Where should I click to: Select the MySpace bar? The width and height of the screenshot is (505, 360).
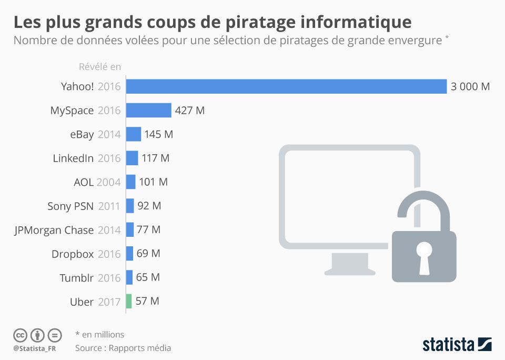(x=149, y=111)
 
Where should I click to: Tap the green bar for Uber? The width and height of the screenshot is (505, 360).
(x=129, y=301)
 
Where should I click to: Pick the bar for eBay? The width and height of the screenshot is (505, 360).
(x=134, y=134)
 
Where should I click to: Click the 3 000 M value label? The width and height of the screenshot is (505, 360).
(x=470, y=87)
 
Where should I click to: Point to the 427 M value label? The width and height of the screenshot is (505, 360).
(x=190, y=111)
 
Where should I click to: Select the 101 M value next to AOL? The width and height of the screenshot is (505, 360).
(x=153, y=182)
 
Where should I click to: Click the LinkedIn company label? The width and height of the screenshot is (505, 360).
(x=73, y=158)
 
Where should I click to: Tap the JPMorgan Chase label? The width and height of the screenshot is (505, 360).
(x=54, y=230)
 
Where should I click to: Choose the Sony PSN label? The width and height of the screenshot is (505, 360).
(x=70, y=206)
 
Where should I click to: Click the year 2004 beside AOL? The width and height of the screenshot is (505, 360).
(x=109, y=183)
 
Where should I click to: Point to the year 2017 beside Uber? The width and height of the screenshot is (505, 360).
(x=109, y=302)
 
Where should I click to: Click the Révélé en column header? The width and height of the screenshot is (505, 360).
(x=99, y=67)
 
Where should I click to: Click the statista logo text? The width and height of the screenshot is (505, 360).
(x=448, y=345)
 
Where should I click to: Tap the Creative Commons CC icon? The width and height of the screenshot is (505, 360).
(x=20, y=335)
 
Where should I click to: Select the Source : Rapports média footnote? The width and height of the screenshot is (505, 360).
(x=123, y=348)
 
